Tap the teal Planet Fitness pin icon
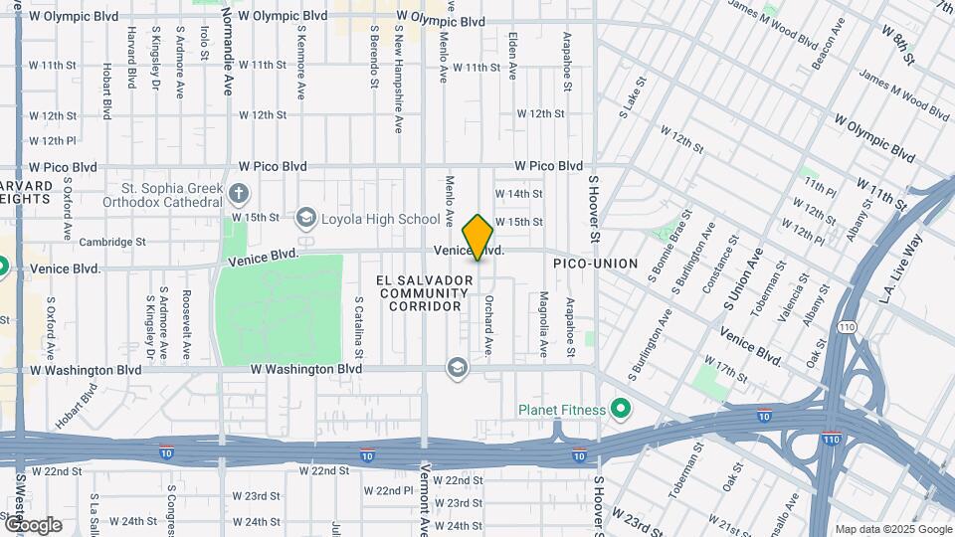click(621, 409)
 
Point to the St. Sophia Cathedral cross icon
click(238, 192)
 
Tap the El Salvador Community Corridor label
click(422, 293)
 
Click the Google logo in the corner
click(33, 524)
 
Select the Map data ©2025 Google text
click(891, 529)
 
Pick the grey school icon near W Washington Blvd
click(457, 368)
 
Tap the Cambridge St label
click(112, 242)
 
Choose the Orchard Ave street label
click(489, 324)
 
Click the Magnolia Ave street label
click(543, 324)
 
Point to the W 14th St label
click(518, 193)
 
